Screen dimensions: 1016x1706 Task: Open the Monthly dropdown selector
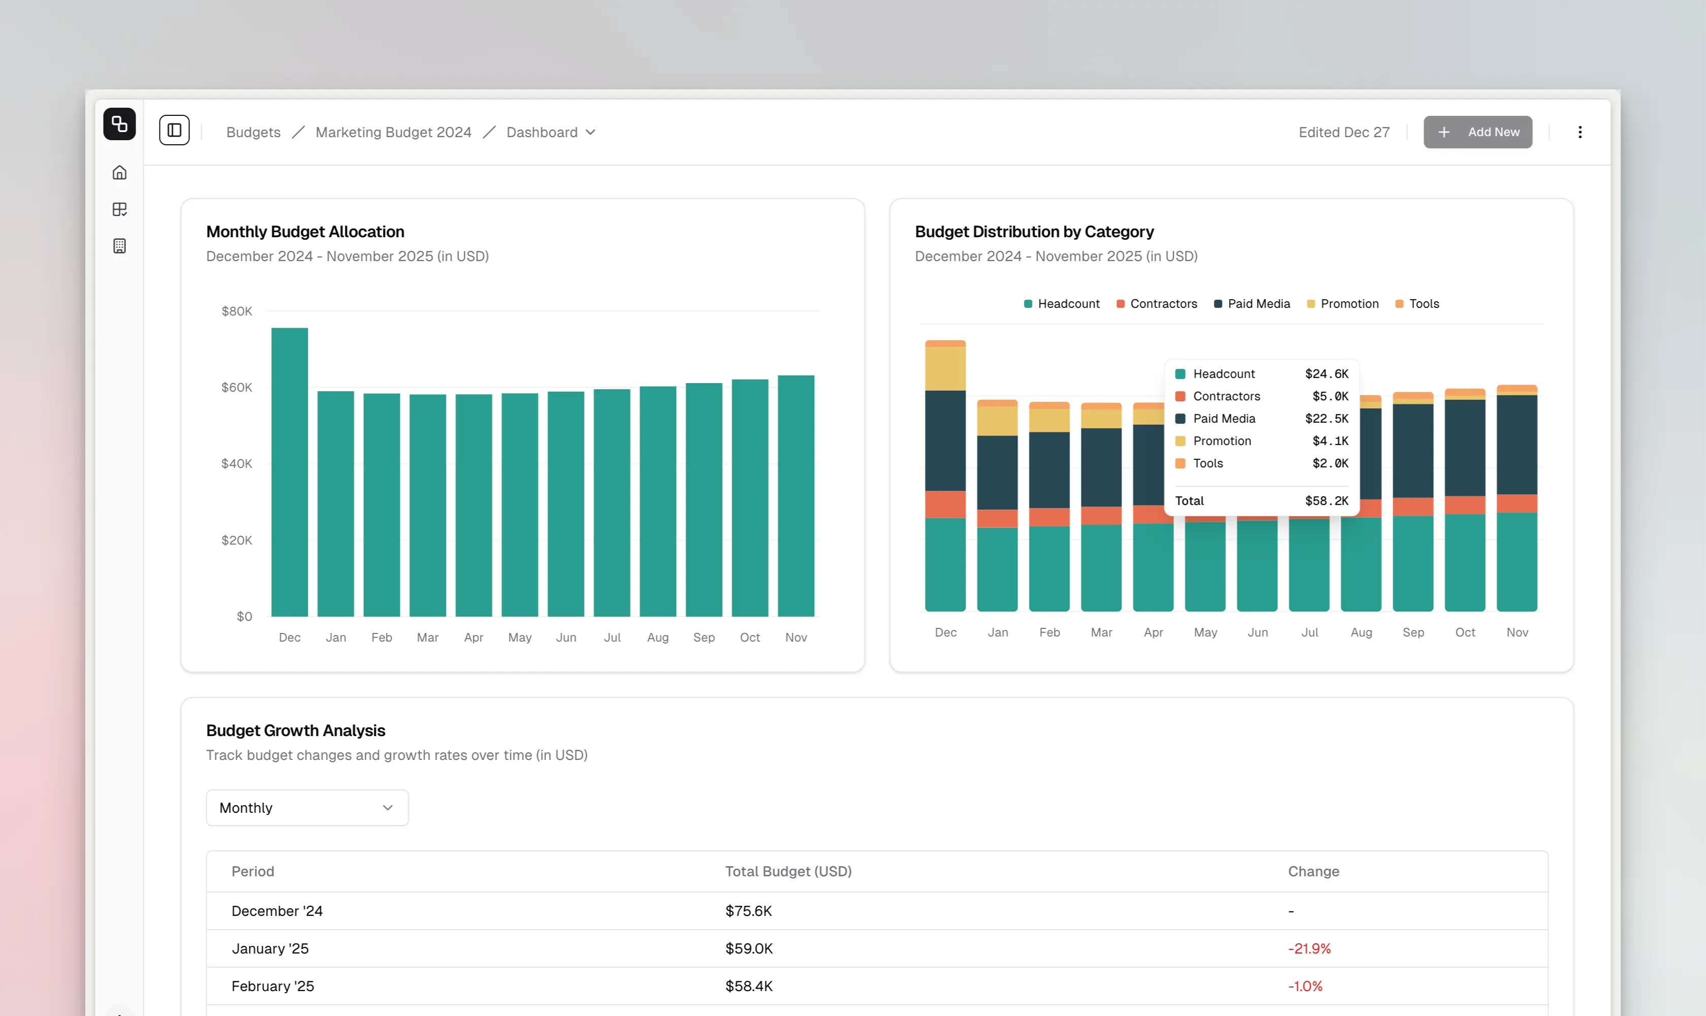point(307,807)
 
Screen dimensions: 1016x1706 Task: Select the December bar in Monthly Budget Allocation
point(289,472)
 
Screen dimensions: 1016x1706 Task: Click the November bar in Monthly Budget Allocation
point(795,496)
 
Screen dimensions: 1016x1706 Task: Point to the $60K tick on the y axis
point(237,388)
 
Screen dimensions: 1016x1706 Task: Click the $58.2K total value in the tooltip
point(1326,500)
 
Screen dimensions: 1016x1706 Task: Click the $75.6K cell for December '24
point(748,910)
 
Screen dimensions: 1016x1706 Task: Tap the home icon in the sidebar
point(120,173)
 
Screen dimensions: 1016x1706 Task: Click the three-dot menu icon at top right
point(1580,132)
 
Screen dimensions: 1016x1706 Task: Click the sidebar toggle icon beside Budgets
point(175,130)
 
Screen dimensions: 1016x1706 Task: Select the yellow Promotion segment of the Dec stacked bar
point(945,368)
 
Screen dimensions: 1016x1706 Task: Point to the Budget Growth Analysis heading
point(296,731)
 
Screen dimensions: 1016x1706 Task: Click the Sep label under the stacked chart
point(1412,632)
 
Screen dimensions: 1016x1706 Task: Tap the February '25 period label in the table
point(272,986)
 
